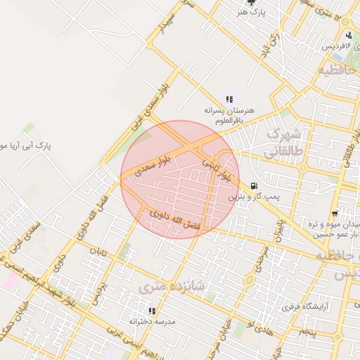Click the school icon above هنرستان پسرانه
[229, 100]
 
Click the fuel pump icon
[253, 186]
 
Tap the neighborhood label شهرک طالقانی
[285, 141]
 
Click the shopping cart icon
[335, 213]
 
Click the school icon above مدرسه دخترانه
[150, 310]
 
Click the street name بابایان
[280, 229]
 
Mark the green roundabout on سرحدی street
[249, 280]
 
